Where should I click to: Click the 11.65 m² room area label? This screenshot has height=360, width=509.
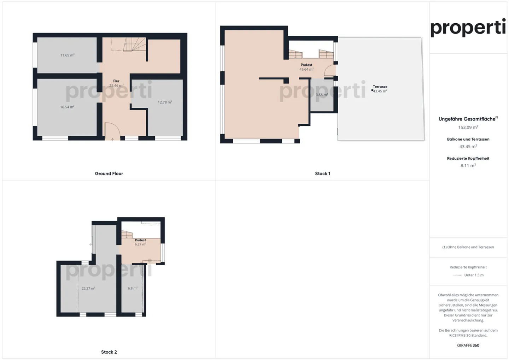point(67,55)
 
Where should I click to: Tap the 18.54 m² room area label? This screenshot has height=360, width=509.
point(67,107)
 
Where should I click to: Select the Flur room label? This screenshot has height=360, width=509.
point(116,81)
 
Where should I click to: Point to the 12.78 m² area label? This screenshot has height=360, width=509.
point(165,102)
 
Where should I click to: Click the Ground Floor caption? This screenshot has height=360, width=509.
point(109,173)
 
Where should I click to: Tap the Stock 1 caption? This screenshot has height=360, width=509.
point(322,173)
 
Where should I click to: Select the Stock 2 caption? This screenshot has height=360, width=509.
point(109,352)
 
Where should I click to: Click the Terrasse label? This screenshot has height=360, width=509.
point(380,87)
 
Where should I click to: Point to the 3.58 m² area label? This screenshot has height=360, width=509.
point(322,95)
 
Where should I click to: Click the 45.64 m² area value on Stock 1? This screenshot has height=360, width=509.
point(306,70)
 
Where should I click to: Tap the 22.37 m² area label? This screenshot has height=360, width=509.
point(88,289)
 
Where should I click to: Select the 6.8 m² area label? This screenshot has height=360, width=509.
point(133,288)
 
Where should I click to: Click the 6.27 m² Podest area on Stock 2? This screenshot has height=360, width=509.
point(140,244)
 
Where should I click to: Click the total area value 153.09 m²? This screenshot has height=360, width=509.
point(468,127)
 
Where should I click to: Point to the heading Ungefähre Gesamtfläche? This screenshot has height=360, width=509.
point(467,119)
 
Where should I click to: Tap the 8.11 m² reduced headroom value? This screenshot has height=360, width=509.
point(468,165)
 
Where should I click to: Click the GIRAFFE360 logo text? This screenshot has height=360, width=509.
point(468,345)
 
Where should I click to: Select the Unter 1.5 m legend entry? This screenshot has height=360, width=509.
point(474,275)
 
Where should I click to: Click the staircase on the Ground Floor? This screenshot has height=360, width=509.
point(134,45)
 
